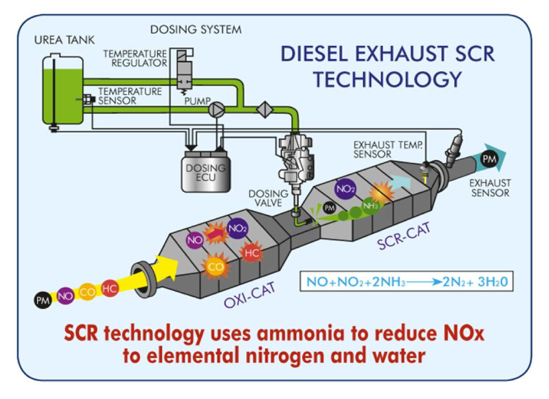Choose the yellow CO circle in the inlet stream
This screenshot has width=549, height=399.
point(87,292)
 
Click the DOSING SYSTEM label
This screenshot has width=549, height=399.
point(195,29)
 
